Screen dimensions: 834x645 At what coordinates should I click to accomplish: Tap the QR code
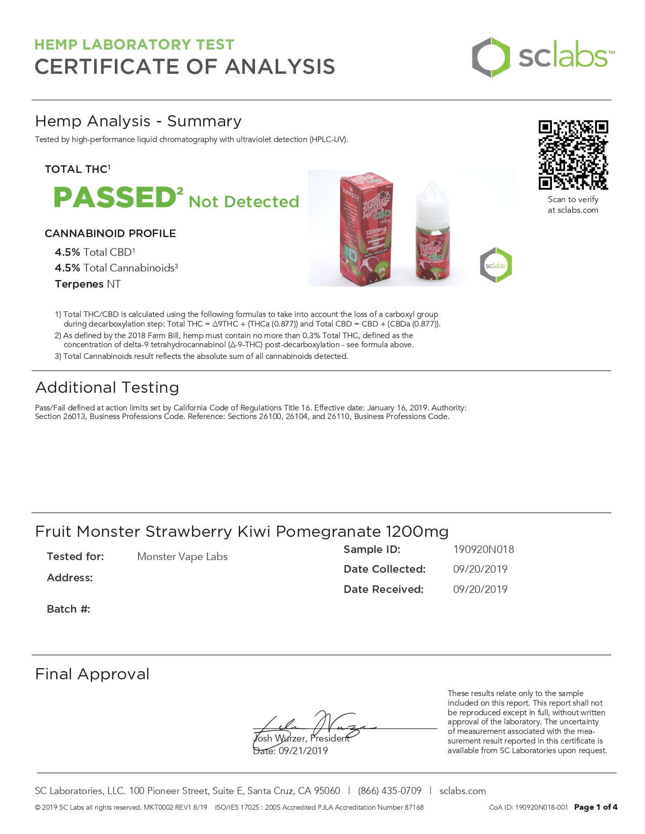tap(573, 155)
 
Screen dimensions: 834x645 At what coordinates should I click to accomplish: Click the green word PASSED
tap(115, 198)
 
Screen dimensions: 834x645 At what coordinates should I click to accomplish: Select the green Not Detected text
tap(244, 202)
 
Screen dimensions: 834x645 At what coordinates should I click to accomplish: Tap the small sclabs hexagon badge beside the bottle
tap(496, 265)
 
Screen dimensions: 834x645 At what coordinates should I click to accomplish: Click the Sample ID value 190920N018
tap(484, 549)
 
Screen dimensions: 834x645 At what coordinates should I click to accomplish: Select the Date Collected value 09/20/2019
tap(480, 569)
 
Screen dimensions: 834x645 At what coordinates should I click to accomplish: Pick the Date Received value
tap(480, 589)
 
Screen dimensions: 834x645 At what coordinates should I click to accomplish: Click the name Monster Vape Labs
tap(182, 557)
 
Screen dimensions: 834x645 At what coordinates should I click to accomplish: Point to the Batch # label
tap(68, 609)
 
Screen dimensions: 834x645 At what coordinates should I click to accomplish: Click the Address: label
tap(70, 578)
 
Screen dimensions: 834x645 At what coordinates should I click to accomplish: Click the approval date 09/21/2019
tap(303, 751)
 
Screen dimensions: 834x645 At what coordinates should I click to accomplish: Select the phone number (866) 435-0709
tap(390, 791)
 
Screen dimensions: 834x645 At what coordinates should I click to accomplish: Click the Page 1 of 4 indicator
tap(595, 807)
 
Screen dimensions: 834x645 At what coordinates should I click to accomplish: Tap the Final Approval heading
tap(93, 674)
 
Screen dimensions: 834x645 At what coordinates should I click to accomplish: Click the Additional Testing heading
tap(107, 388)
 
